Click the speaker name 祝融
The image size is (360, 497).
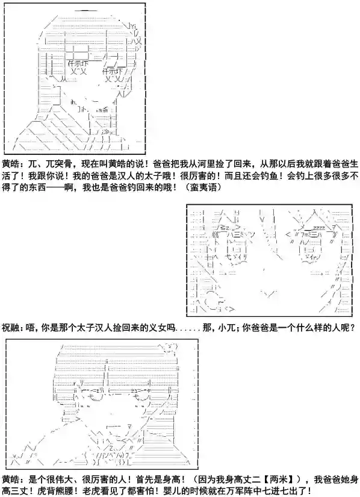11,327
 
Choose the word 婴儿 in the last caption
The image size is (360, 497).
172,491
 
